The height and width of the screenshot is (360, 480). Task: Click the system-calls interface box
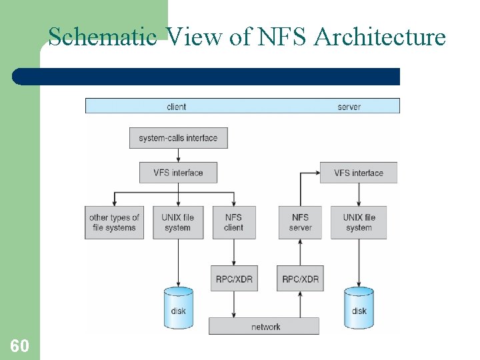pos(178,138)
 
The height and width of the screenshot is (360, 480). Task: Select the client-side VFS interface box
pos(178,173)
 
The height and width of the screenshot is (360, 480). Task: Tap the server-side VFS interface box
pos(359,173)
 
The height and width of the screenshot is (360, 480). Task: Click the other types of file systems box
pos(114,223)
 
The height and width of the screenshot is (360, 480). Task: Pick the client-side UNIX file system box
pos(177,223)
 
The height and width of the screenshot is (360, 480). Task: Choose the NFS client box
pos(233,223)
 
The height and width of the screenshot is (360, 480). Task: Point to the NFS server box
pos(300,223)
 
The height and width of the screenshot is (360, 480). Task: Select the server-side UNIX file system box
pos(359,223)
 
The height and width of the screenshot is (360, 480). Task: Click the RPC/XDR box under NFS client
pos(233,279)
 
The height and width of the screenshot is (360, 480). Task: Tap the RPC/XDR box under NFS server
pos(300,279)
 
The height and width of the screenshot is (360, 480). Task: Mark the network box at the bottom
pos(265,327)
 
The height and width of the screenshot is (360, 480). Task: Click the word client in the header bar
pos(176,106)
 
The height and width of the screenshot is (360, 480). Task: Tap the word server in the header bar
pos(349,106)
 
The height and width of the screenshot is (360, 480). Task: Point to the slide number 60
pos(19,345)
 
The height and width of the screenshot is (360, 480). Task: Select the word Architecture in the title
pos(380,36)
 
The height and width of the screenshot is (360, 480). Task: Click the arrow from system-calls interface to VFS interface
pos(178,155)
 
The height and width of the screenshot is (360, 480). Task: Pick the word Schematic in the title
pos(103,36)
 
